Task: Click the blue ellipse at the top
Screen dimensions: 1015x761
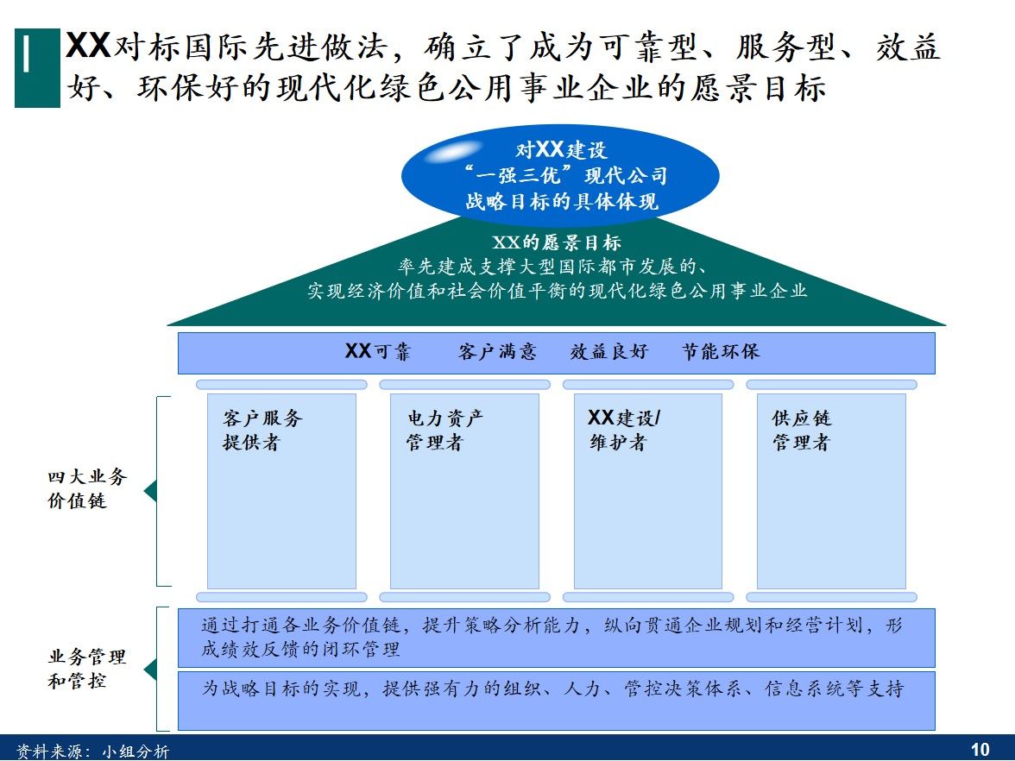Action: [x=559, y=176]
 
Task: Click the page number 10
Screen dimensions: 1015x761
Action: [x=980, y=749]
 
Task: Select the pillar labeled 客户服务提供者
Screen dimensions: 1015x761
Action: [x=281, y=491]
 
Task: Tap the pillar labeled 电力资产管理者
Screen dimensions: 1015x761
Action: [x=464, y=491]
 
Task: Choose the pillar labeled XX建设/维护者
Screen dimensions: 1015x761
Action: [x=647, y=491]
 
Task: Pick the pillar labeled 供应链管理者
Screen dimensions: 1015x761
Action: [x=831, y=491]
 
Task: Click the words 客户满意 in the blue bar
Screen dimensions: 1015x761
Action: [x=497, y=352]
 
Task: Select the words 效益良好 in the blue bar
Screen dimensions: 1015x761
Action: [x=608, y=352]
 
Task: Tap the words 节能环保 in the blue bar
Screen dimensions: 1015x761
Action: [x=721, y=352]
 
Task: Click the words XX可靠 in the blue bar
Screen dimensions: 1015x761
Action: [x=377, y=352]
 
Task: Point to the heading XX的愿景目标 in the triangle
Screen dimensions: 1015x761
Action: [x=557, y=243]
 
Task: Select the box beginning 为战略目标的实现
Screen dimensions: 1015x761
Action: [x=556, y=700]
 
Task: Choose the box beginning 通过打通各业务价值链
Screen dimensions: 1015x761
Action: [x=556, y=638]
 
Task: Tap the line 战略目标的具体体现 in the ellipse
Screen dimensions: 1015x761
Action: [x=561, y=202]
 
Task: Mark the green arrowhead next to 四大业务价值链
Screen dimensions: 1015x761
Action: [x=150, y=492]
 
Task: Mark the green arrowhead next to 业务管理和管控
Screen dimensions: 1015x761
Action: [x=150, y=669]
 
